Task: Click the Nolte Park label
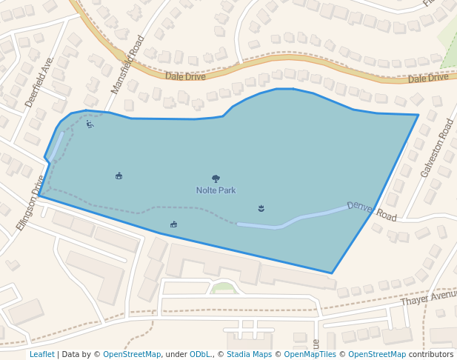[216, 190]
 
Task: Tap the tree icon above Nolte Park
[216, 179]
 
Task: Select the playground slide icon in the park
[90, 124]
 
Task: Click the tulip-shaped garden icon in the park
[261, 208]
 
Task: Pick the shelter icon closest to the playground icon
[119, 176]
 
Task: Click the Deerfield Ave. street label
[39, 82]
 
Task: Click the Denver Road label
[372, 210]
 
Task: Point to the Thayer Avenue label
[429, 299]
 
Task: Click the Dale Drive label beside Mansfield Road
[185, 76]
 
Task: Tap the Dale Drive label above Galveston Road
[428, 77]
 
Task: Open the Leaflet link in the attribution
[42, 355]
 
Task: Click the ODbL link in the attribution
[200, 355]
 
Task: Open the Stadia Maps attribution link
[249, 355]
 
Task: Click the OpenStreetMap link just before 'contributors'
[377, 355]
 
